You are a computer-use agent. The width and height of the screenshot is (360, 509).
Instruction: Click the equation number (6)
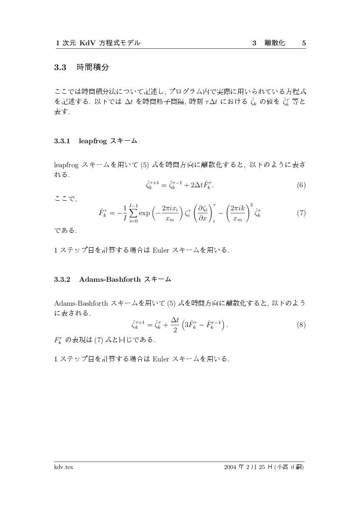pyautogui.click(x=301, y=185)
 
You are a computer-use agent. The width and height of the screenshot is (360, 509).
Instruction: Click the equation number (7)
pyautogui.click(x=301, y=213)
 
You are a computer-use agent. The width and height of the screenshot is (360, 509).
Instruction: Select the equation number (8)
pyautogui.click(x=301, y=325)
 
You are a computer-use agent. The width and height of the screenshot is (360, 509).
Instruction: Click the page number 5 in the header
pyautogui.click(x=304, y=43)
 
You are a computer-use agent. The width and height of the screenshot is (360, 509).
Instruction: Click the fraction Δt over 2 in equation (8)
pyautogui.click(x=175, y=325)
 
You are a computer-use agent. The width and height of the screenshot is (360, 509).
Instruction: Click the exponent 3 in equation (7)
pyautogui.click(x=251, y=205)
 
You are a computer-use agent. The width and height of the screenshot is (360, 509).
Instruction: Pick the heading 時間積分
pyautogui.click(x=93, y=67)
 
